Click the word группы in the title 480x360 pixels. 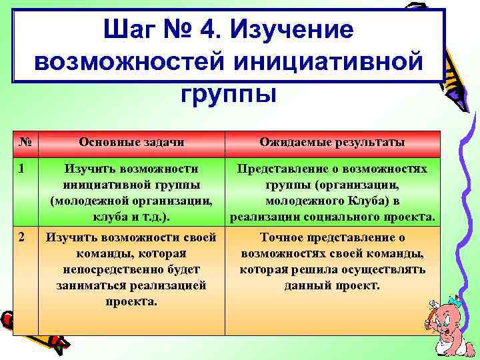(x=228, y=93)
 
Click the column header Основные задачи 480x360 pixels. (x=131, y=142)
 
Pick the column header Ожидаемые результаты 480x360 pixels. (x=332, y=142)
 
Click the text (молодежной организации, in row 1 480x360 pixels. (x=131, y=201)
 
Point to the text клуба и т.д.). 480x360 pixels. (x=131, y=217)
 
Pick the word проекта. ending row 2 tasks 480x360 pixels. (x=131, y=301)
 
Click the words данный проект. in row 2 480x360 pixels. (x=331, y=285)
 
